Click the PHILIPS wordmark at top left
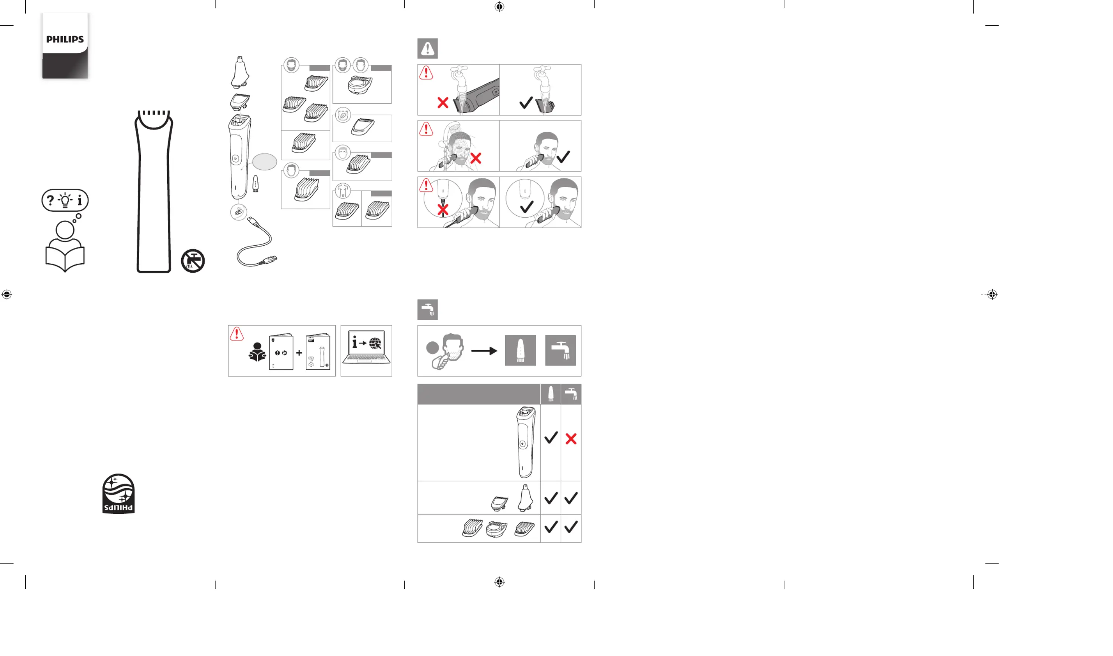65,39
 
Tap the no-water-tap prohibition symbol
193,260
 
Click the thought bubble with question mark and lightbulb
65,200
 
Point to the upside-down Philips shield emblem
119,494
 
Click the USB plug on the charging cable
268,260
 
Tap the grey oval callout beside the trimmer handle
265,162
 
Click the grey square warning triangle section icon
427,48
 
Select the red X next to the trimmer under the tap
442,103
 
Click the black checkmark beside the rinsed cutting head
526,103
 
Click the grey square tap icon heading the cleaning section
427,309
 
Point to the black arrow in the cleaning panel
484,351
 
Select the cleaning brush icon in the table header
551,393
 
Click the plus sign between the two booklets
299,353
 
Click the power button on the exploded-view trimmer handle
235,158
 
